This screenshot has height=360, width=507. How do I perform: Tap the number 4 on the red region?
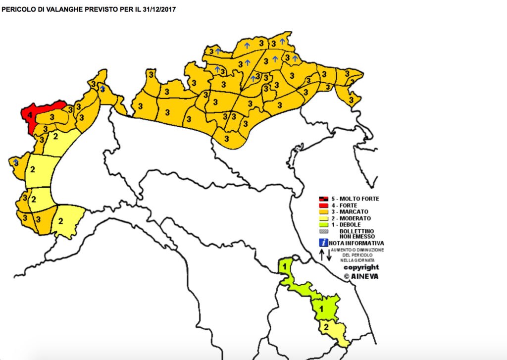30,115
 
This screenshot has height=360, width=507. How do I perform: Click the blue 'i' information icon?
323,243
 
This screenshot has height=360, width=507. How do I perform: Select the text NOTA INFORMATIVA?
356,243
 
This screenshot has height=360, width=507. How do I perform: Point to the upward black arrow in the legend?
321,255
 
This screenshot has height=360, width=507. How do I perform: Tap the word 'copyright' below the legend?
361,267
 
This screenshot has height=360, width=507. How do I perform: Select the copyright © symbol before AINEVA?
347,276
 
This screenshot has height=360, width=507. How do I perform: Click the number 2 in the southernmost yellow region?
326,327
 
